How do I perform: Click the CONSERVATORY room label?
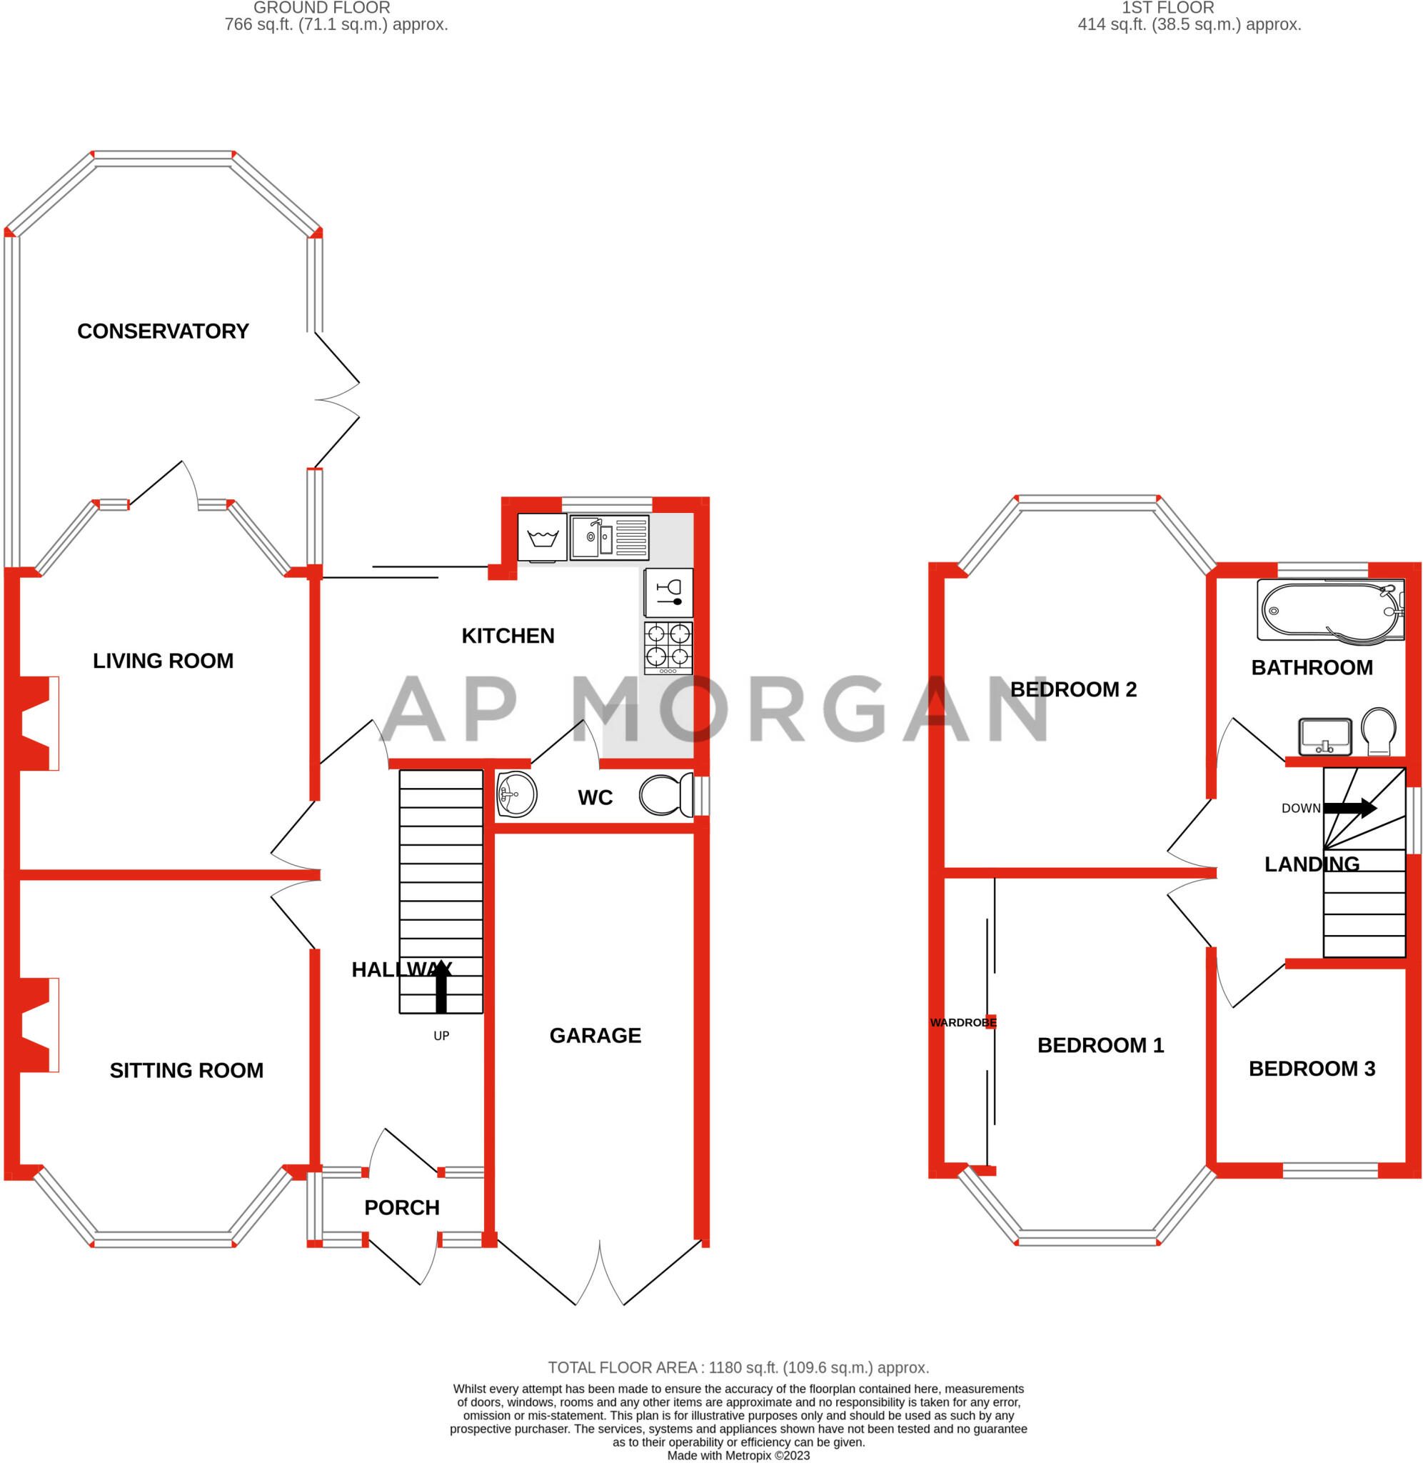pos(163,331)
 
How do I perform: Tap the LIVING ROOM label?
pos(163,661)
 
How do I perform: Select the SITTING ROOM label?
pos(187,1071)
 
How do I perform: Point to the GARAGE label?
pos(595,1035)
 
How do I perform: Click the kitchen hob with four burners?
pos(668,647)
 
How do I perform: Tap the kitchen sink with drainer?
pos(610,536)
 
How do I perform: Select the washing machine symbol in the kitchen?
pos(542,537)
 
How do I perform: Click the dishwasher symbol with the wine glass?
pos(668,593)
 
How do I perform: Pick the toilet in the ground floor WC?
pos(667,795)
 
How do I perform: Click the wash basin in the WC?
pos(516,794)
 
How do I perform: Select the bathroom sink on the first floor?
pos(1325,737)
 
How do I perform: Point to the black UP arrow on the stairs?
pos(441,987)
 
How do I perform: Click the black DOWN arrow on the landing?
pos(1349,807)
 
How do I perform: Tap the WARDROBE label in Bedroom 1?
pos(963,1023)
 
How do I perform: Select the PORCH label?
pos(402,1207)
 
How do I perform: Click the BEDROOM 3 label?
pos(1312,1069)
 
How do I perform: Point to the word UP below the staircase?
pos(442,1036)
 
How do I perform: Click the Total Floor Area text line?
pos(738,1367)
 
